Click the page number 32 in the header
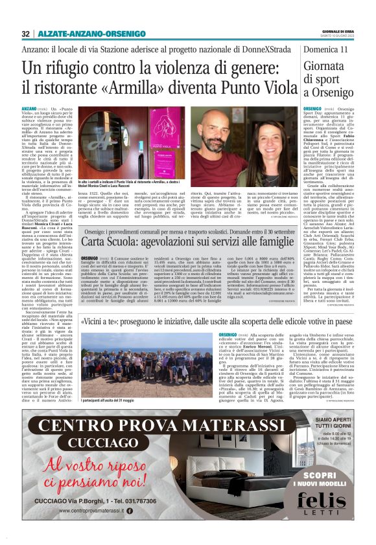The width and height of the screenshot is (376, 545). (25, 34)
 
